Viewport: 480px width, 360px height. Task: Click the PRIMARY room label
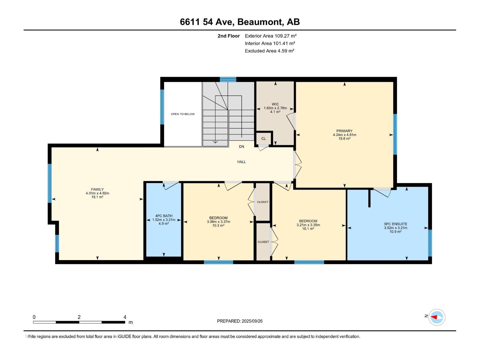pos(344,131)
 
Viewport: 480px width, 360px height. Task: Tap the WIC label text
pos(275,104)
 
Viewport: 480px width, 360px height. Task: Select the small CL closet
pos(263,139)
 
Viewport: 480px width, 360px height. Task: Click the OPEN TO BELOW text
pos(183,114)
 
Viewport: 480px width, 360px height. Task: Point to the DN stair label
pos(241,147)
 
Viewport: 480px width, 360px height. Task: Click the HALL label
pos(241,162)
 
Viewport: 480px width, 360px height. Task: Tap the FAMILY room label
pos(97,190)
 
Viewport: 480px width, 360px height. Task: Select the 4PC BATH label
pos(164,216)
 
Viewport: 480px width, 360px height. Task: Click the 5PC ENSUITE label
pos(396,224)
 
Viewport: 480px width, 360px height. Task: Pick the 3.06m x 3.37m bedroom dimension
pos(218,222)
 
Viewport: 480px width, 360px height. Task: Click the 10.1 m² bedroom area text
pos(308,229)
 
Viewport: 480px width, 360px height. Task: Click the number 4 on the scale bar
pos(125,317)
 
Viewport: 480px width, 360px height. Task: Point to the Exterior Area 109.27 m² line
pos(271,36)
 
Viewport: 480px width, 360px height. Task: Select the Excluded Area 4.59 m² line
pos(269,51)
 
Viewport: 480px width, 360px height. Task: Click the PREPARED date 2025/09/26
pos(252,321)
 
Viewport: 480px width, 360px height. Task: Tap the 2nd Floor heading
pos(229,36)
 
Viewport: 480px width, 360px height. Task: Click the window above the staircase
pos(228,79)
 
